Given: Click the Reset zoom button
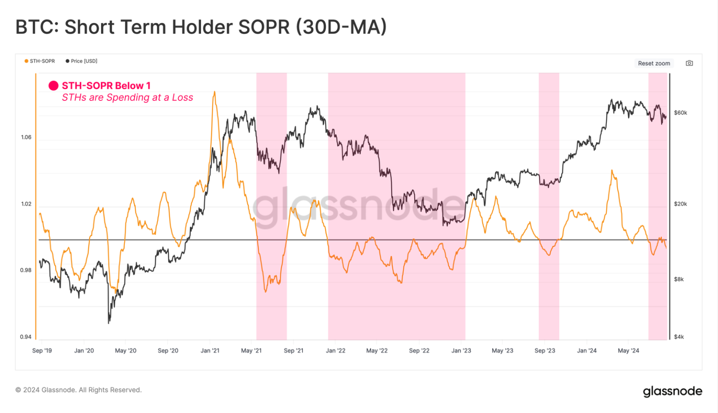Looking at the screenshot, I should (x=653, y=63).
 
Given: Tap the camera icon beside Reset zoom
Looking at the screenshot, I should (x=689, y=63).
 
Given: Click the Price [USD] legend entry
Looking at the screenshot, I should (x=82, y=61).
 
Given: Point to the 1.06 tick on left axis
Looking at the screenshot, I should (x=26, y=137).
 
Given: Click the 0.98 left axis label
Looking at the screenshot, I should (x=26, y=271).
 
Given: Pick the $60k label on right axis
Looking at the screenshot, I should (x=680, y=113).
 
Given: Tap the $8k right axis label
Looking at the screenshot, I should (x=679, y=279).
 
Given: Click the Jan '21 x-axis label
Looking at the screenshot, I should (x=210, y=351).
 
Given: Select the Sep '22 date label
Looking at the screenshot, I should (x=419, y=351).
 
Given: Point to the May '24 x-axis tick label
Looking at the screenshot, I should (x=628, y=351).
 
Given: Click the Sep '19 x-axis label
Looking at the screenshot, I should (x=42, y=351).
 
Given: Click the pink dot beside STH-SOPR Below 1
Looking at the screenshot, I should (x=54, y=86).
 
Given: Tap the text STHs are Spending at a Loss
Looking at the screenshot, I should (x=127, y=98).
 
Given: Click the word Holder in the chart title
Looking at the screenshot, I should (x=202, y=27).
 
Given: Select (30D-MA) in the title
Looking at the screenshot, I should (x=341, y=27).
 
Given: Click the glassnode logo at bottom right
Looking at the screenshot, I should (x=672, y=391).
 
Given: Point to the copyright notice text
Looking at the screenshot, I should (x=79, y=390).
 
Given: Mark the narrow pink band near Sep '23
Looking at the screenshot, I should (x=549, y=206).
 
